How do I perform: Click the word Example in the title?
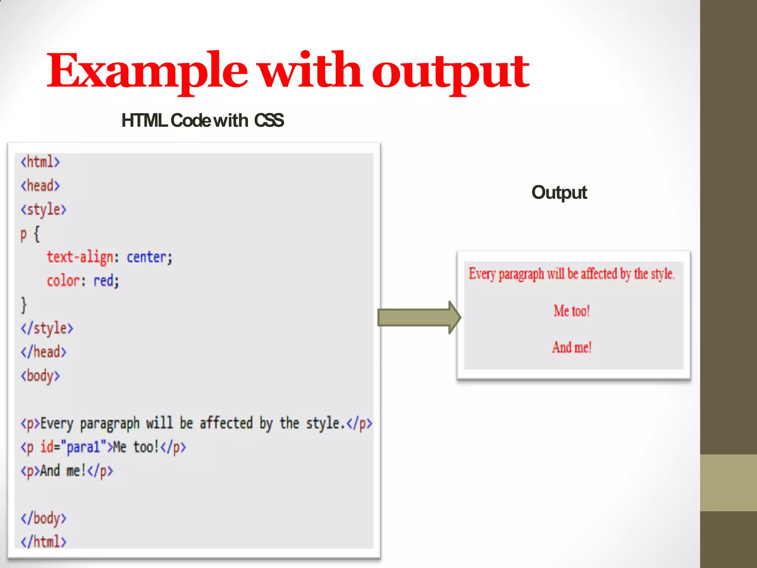pyautogui.click(x=147, y=70)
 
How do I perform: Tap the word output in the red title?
pyautogui.click(x=450, y=72)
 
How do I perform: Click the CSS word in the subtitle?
pyautogui.click(x=269, y=121)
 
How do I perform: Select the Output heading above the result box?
pyautogui.click(x=559, y=192)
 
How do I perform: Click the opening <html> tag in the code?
pyautogui.click(x=40, y=162)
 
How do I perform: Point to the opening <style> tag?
pyautogui.click(x=43, y=210)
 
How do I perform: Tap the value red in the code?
pyautogui.click(x=105, y=281)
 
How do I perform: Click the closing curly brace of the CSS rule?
pyautogui.click(x=24, y=305)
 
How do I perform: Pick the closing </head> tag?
pyautogui.click(x=43, y=352)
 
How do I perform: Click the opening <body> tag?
pyautogui.click(x=40, y=376)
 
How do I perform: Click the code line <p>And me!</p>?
pyautogui.click(x=67, y=471)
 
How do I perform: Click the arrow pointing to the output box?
pyautogui.click(x=418, y=317)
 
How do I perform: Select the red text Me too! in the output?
pyautogui.click(x=571, y=311)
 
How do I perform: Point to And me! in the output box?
pyautogui.click(x=571, y=347)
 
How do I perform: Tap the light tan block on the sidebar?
pyautogui.click(x=728, y=483)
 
